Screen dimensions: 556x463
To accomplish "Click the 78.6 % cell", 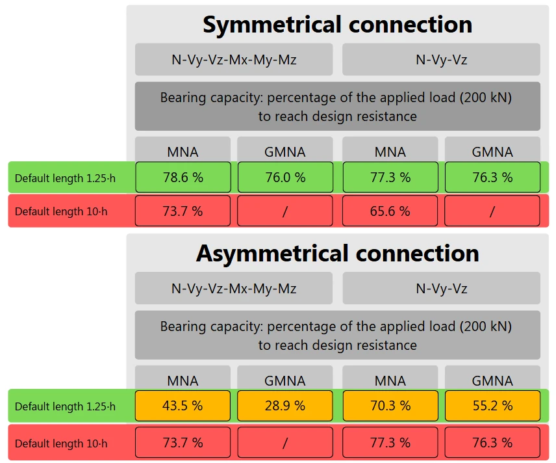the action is (183, 177).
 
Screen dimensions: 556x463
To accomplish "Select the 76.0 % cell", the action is (285, 177).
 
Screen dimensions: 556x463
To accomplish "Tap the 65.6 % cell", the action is (390, 211).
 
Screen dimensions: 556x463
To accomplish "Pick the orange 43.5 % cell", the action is (183, 406).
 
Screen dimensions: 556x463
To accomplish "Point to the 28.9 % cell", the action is (285, 406).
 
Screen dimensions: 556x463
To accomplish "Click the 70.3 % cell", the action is (390, 406).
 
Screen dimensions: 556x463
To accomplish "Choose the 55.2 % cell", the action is (492, 406).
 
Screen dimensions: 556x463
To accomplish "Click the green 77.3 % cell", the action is (390, 177).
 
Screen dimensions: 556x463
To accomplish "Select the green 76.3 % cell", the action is (492, 177).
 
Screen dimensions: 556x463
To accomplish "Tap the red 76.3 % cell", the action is (492, 442).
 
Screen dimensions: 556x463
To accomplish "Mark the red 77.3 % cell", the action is (390, 442).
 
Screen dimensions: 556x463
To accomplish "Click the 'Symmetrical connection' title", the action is (338, 25).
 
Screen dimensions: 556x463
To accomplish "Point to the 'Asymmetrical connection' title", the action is (338, 253).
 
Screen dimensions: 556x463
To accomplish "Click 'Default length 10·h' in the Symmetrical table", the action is (61, 211).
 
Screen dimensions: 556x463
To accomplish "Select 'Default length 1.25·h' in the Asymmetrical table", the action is (65, 406).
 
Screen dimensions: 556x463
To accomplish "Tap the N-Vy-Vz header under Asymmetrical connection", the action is (442, 288).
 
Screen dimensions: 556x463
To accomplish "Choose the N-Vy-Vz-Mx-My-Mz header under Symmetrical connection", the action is (234, 59).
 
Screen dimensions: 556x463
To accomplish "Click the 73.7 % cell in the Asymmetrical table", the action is (183, 442).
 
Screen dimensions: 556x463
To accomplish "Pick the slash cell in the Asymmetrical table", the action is (285, 442).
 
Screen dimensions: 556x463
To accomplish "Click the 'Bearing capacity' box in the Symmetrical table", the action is (338, 107).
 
